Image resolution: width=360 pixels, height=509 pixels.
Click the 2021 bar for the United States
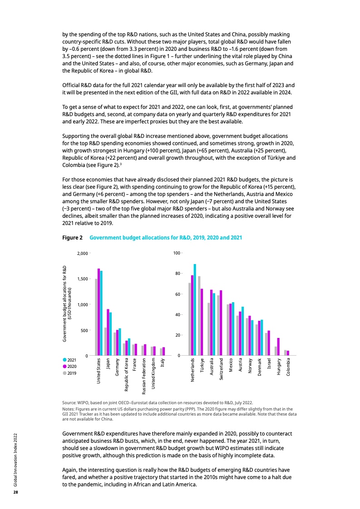pyautogui.click(x=101, y=313)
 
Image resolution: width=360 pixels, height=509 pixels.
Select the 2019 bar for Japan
pyautogui.click(x=106, y=341)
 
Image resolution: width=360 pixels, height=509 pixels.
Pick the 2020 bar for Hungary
pyautogui.click(x=278, y=347)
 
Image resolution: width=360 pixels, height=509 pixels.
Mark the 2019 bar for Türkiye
pyautogui.click(x=199, y=316)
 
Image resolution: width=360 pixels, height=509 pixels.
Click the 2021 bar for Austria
pyautogui.click(x=242, y=331)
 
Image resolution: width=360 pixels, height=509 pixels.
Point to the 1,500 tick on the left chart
pyautogui.click(x=82, y=279)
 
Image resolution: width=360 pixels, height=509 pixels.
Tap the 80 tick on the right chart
pyautogui.click(x=177, y=274)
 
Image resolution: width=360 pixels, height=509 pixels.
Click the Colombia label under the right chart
pyautogui.click(x=288, y=369)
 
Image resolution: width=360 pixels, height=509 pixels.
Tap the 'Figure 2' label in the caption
pyautogui.click(x=72, y=237)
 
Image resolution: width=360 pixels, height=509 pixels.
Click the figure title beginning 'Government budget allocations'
pyautogui.click(x=166, y=237)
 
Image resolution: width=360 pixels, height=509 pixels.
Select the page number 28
pyautogui.click(x=15, y=492)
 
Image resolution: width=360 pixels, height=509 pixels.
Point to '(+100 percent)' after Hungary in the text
pyautogui.click(x=199, y=151)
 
